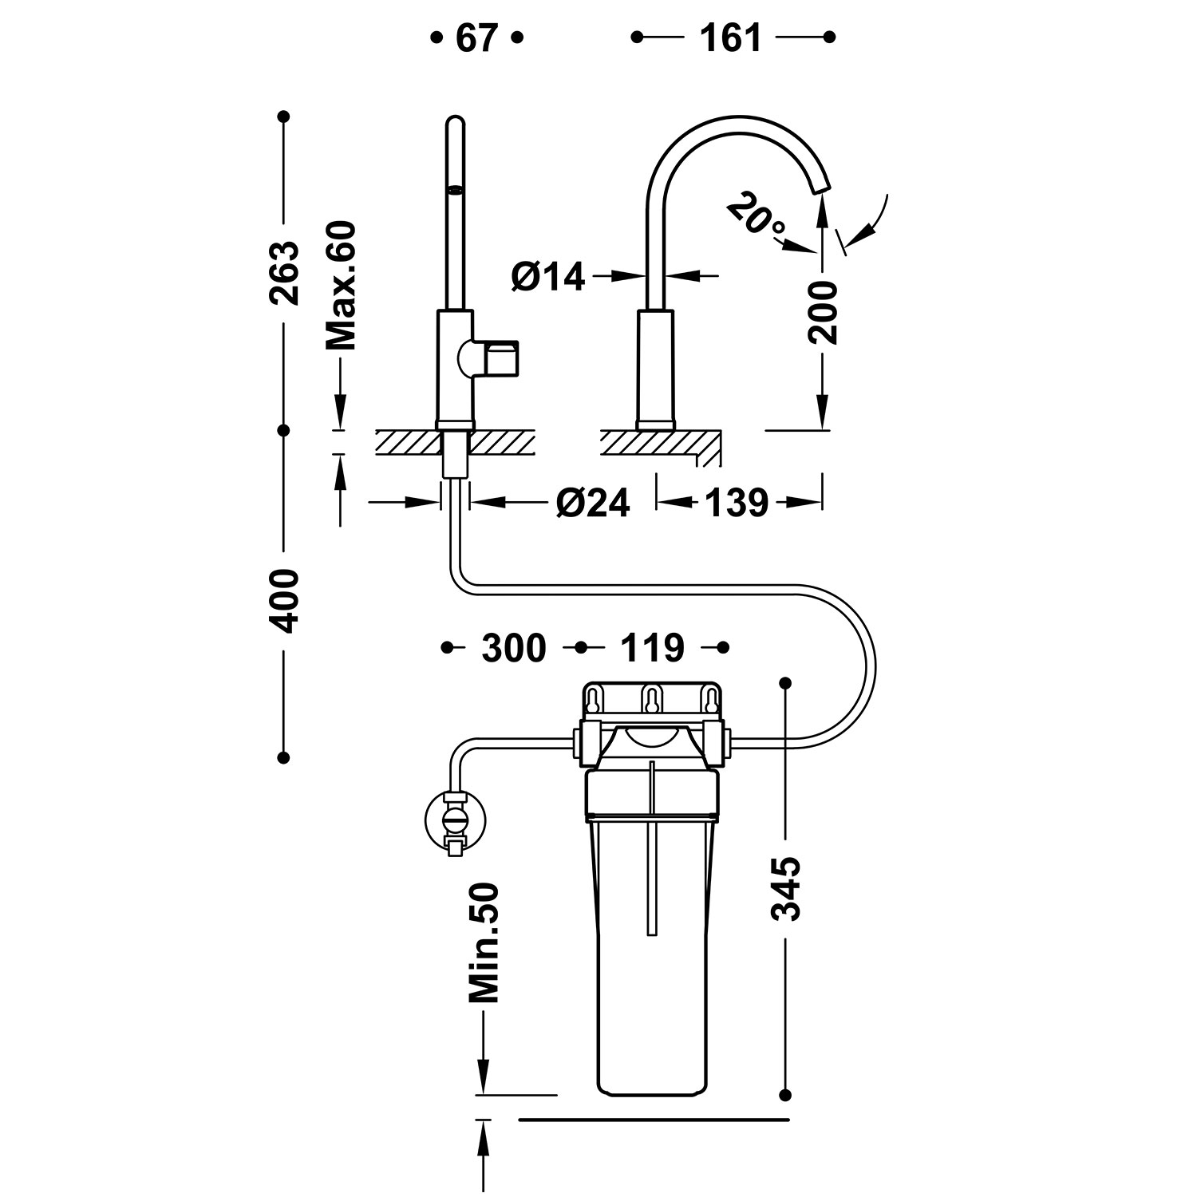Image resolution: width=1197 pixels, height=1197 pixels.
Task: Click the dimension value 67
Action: [x=476, y=38]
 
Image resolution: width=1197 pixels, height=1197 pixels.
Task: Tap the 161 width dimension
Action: [x=731, y=38]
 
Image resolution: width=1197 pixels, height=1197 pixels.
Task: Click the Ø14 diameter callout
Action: [x=548, y=277]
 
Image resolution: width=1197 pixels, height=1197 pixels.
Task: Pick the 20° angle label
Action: [x=757, y=219]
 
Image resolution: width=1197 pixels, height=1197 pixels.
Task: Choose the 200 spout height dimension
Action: [x=823, y=312]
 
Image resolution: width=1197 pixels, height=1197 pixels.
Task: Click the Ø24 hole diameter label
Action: [x=593, y=503]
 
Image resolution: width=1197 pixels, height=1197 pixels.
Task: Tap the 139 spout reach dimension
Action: [x=737, y=503]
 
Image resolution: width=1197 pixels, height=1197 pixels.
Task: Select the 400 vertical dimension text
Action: [x=284, y=601]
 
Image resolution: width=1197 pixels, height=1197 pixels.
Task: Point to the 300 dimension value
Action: [x=514, y=648]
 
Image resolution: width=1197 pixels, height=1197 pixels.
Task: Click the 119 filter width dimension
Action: [x=653, y=648]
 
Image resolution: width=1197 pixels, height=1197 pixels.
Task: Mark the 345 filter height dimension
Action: [x=787, y=889]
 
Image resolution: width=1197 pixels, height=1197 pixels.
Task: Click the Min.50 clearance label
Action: [x=484, y=942]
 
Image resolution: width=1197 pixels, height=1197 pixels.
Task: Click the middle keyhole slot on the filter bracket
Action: [x=652, y=700]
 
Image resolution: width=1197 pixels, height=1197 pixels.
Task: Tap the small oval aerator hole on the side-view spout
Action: [x=455, y=189]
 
